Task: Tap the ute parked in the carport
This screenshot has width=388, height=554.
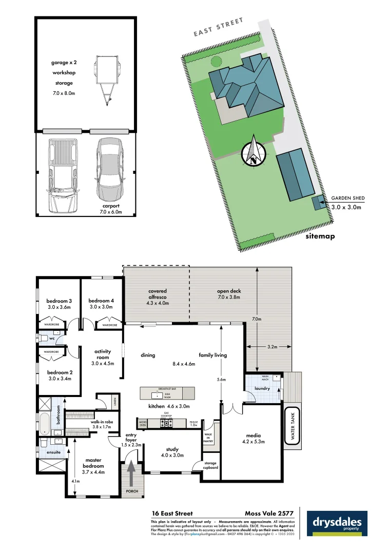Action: (63, 175)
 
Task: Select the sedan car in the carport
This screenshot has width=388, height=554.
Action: (108, 169)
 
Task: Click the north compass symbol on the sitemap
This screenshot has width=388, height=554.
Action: (254, 152)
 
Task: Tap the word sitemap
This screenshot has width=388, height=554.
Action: (320, 236)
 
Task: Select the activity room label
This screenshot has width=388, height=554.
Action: (103, 354)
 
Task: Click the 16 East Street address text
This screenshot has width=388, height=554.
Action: (172, 513)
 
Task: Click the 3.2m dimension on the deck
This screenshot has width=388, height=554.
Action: (271, 347)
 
